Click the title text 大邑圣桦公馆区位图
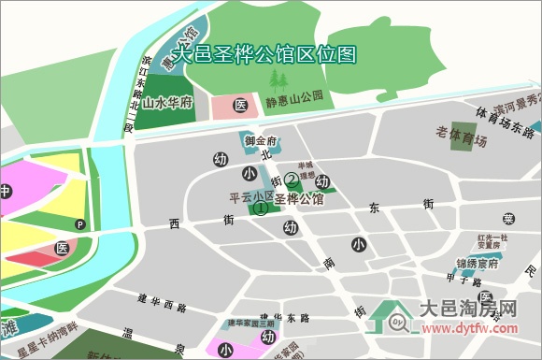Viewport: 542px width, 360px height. tap(264, 55)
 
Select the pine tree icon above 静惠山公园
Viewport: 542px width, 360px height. tap(277, 79)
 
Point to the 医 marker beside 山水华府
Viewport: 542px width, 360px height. tap(239, 105)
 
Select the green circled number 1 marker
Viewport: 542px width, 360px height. tap(261, 209)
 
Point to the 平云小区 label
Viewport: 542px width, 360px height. tap(250, 198)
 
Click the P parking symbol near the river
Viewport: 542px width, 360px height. tap(80, 224)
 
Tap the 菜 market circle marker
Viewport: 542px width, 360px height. tap(508, 219)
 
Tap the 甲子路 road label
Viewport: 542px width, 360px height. tap(462, 279)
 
